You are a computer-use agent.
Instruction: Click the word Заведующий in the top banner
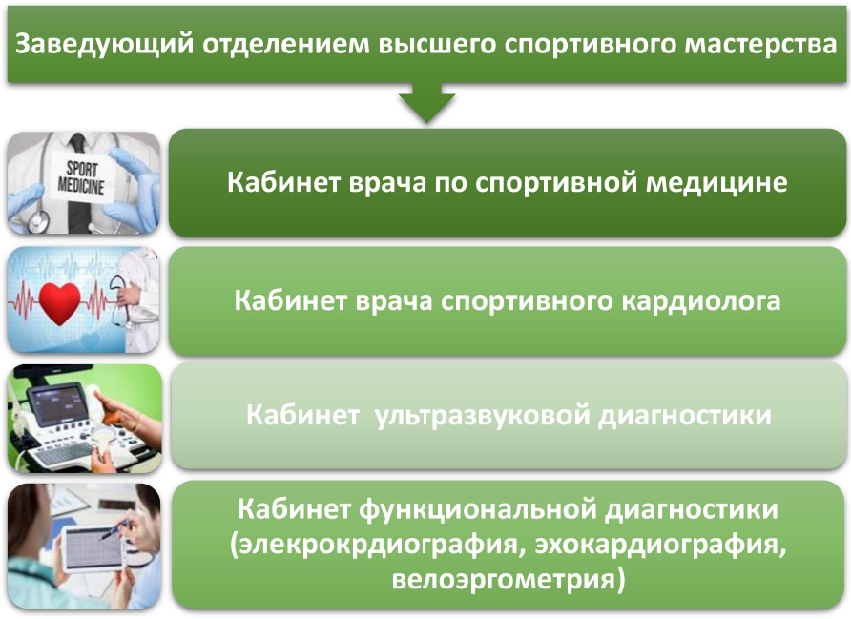click(x=104, y=44)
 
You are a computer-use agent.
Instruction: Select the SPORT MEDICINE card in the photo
click(x=82, y=176)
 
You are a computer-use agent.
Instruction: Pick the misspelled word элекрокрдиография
click(x=378, y=545)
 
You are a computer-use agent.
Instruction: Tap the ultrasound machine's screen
click(x=56, y=402)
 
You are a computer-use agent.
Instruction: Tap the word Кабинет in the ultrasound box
click(x=302, y=416)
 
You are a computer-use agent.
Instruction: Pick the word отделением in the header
click(x=286, y=45)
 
